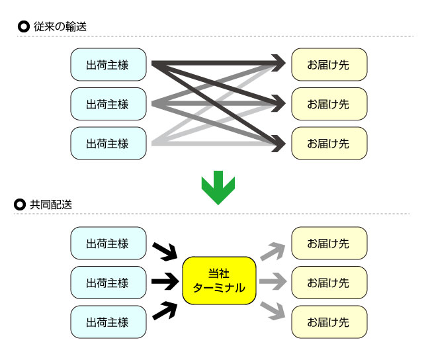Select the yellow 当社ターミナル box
point(219,281)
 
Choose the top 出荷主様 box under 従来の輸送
point(108,65)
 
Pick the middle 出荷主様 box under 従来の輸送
point(108,104)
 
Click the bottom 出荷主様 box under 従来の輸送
point(108,143)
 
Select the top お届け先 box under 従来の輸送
point(328,65)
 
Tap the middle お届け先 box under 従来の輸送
point(328,104)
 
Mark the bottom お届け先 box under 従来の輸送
point(328,143)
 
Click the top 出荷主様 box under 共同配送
point(108,244)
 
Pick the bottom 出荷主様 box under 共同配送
point(108,322)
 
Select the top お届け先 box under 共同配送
point(328,244)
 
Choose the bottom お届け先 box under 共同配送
point(328,322)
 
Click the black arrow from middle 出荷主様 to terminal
point(165,283)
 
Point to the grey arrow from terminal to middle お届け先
point(272,283)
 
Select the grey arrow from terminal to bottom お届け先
point(272,312)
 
